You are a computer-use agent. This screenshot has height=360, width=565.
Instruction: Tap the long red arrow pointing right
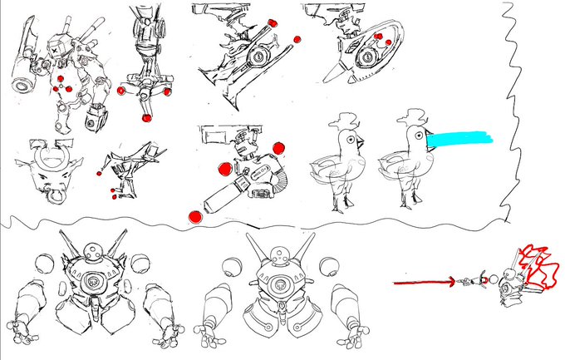pos(424,283)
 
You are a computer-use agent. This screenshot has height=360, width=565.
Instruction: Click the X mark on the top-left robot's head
pos(55,49)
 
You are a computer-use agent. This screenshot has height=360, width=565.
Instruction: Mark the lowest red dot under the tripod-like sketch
pos(146,118)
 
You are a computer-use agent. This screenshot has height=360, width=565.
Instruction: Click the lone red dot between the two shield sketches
pos(297,37)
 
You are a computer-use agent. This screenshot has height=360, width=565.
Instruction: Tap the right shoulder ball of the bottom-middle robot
pos(333,266)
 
